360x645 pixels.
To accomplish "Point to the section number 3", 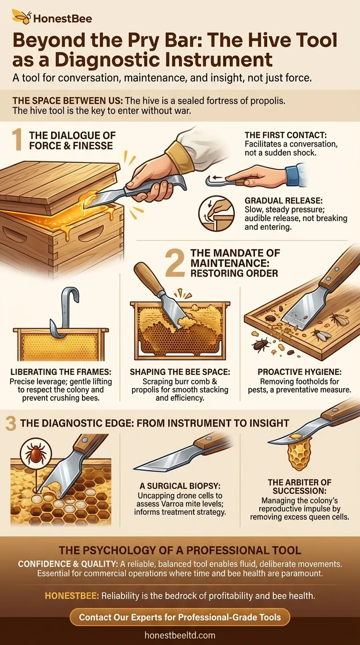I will click(x=11, y=424).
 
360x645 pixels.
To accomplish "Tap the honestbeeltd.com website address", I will click(x=180, y=636).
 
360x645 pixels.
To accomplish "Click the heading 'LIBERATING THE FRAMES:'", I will click(x=60, y=372).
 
